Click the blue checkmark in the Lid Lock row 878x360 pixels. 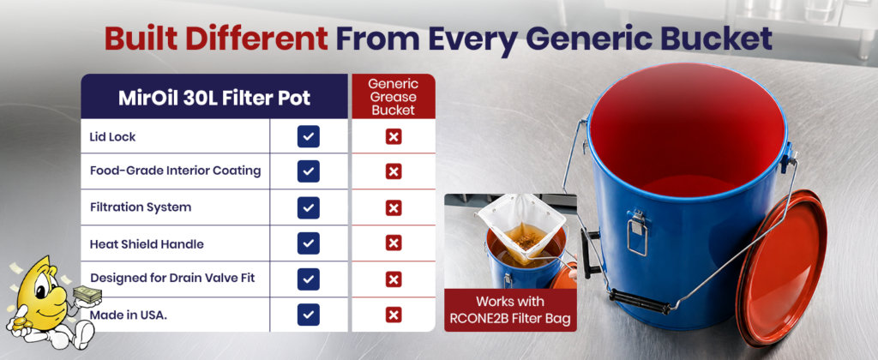click(309, 136)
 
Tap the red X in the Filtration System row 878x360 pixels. click(394, 208)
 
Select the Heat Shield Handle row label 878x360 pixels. click(147, 244)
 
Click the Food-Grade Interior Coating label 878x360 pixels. click(175, 171)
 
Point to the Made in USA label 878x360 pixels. click(129, 315)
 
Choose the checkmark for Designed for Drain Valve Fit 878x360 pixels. click(309, 279)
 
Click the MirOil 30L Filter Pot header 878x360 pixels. click(214, 98)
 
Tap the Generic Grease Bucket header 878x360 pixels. click(393, 97)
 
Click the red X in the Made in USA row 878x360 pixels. click(394, 315)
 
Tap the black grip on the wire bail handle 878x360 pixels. click(639, 301)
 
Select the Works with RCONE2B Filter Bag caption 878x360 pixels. click(510, 310)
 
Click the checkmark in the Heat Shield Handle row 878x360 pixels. click(309, 243)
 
